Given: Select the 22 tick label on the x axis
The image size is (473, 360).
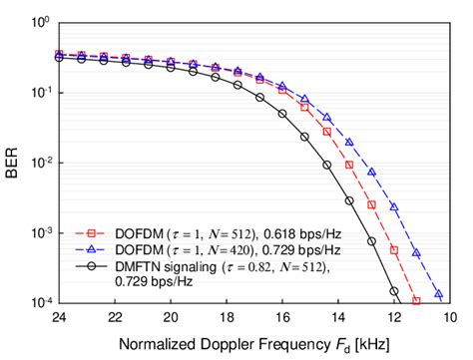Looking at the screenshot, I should pos(115,317).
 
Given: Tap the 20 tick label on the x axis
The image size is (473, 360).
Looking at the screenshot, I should pos(171,317).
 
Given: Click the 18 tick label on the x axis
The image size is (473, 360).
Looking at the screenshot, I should pos(227,317).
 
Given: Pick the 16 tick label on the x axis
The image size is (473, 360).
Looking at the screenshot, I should pos(282,317).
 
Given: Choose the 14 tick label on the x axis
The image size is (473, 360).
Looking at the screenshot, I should pos(338,317).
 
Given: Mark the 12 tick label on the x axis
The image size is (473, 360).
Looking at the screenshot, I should pos(394,317).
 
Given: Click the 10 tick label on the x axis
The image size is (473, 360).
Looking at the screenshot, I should pos(449,317).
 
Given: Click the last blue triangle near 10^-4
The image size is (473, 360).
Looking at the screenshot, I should pos(438,295).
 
